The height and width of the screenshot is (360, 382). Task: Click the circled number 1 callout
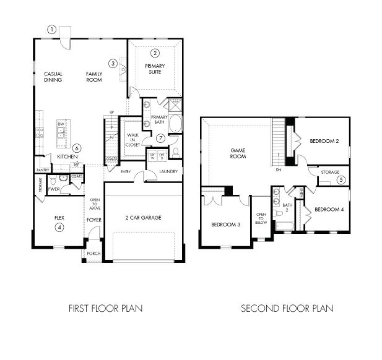tap(52, 29)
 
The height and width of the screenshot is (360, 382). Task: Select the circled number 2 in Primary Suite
tap(155, 53)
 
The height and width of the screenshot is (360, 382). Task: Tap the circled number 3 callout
tap(113, 62)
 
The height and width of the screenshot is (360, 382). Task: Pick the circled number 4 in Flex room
tap(59, 227)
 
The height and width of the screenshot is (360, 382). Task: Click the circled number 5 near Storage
tap(341, 180)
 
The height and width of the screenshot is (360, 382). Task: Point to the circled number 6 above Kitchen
tap(76, 148)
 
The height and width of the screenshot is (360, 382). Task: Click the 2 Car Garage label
tap(144, 218)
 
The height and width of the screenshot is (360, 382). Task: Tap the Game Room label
tap(238, 153)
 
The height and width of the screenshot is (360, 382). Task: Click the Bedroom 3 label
tap(225, 224)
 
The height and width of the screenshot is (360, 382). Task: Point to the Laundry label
tap(168, 171)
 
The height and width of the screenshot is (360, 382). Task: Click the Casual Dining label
tap(53, 77)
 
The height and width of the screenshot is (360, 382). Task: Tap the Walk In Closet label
tap(133, 139)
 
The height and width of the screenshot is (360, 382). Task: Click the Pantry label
tap(43, 169)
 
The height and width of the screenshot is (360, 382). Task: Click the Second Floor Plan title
tap(287, 308)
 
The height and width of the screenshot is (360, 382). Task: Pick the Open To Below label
tap(261, 218)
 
